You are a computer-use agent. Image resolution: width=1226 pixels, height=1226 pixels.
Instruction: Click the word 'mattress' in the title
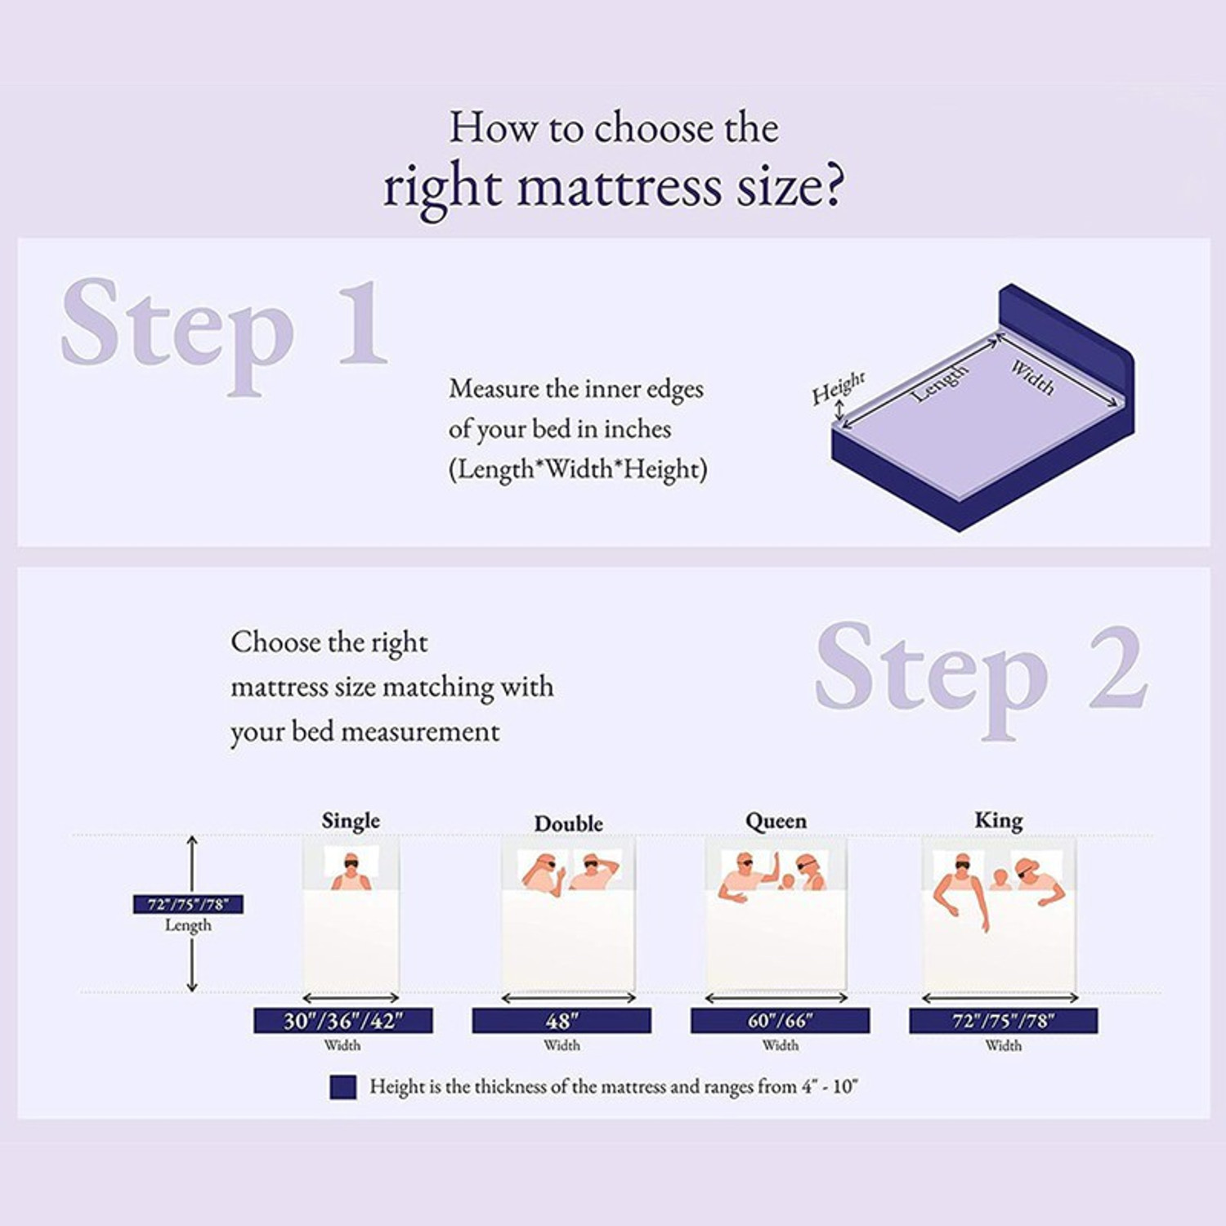(619, 187)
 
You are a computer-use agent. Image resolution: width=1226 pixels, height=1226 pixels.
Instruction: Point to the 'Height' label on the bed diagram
(838, 387)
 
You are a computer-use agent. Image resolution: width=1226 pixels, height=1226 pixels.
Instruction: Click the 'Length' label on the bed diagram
(940, 383)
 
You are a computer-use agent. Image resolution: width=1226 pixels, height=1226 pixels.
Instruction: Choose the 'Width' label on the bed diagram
(1032, 377)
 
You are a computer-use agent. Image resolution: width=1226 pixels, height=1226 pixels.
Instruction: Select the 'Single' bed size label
(351, 820)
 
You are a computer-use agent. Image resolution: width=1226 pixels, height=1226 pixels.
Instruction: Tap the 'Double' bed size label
(569, 823)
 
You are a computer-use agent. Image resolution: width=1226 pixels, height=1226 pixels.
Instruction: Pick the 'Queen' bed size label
(776, 821)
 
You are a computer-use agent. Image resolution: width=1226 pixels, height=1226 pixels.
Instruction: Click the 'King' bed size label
(999, 820)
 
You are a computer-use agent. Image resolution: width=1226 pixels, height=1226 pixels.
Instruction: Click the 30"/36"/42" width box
(343, 1021)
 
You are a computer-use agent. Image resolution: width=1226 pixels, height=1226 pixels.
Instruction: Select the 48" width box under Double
(562, 1021)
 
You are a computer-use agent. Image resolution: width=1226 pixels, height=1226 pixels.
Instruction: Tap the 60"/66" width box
(780, 1021)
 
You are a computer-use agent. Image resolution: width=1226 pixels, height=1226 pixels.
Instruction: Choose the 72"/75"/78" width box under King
(1003, 1021)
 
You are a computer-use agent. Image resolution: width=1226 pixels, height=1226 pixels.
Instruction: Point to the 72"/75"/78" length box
(188, 904)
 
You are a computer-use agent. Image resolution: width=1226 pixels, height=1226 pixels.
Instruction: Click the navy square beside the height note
(343, 1087)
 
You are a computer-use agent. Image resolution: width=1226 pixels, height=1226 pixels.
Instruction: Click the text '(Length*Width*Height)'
(578, 470)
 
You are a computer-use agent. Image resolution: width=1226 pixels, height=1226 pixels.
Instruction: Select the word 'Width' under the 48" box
(562, 1045)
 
